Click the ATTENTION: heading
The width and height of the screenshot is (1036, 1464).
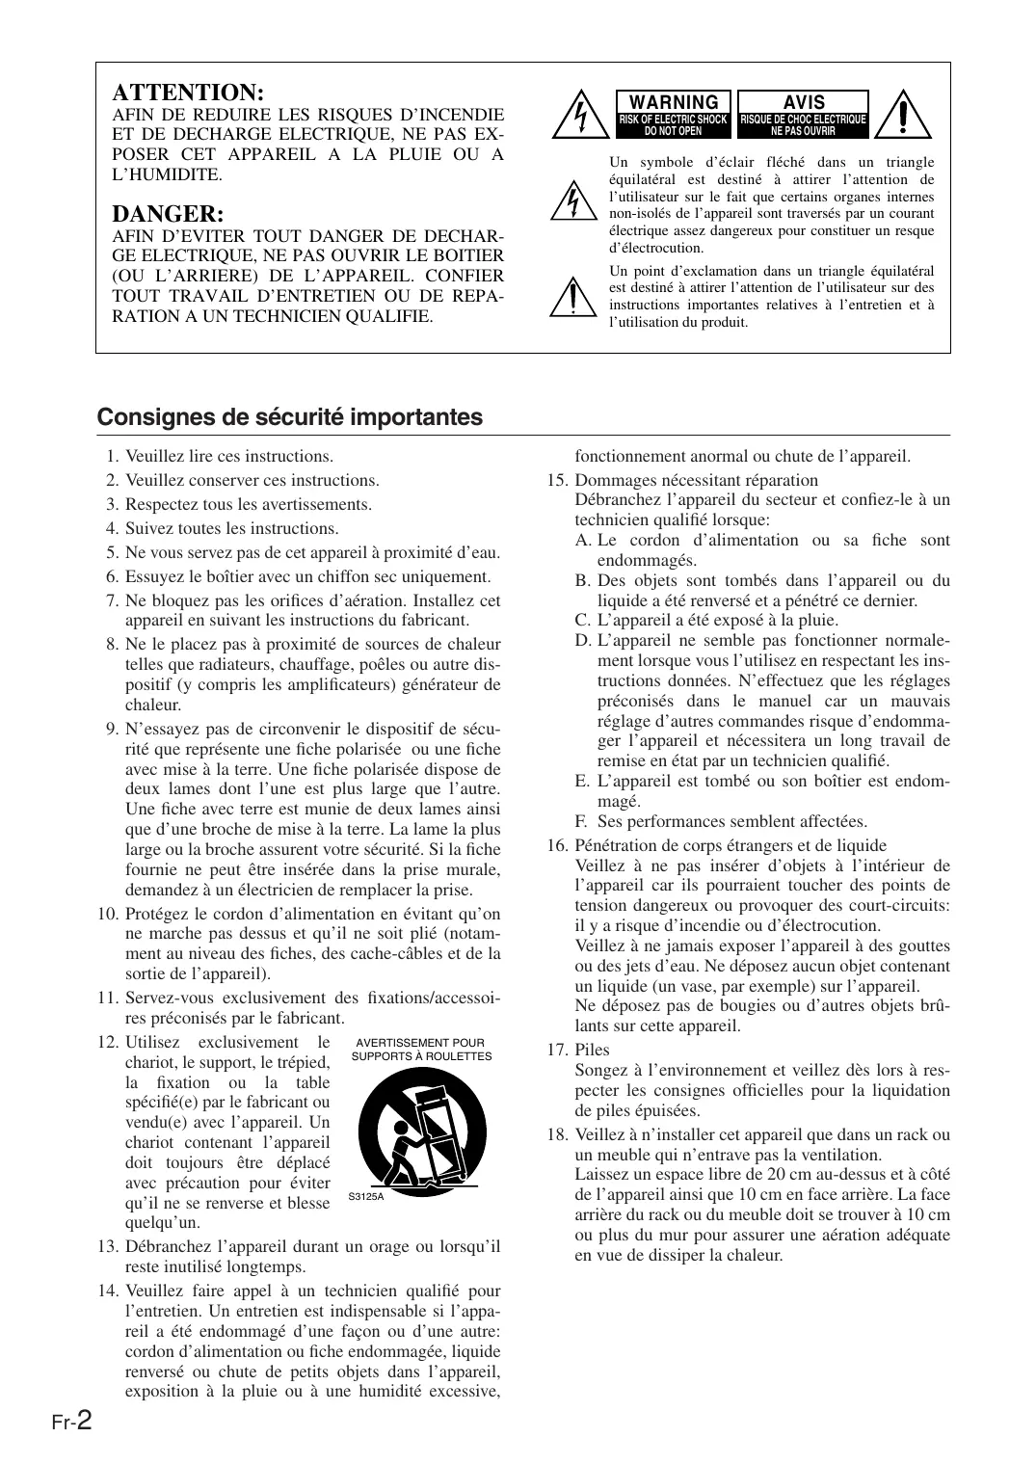pyautogui.click(x=188, y=93)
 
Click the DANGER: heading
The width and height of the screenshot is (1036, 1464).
pyautogui.click(x=168, y=213)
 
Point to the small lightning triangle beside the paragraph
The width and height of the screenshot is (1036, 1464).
pyautogui.click(x=572, y=201)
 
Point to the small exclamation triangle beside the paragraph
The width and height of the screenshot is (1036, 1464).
pyautogui.click(x=572, y=297)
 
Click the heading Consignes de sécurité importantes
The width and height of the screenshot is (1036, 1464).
pyautogui.click(x=289, y=417)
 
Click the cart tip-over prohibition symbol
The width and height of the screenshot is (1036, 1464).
pyautogui.click(x=420, y=1131)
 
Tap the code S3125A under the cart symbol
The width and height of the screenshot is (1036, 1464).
pyautogui.click(x=365, y=1197)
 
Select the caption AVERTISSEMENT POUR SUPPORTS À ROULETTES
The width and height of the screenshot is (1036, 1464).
pyautogui.click(x=421, y=1050)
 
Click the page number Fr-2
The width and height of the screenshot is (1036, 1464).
pyautogui.click(x=72, y=1420)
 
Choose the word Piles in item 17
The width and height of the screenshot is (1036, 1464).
pyautogui.click(x=592, y=1050)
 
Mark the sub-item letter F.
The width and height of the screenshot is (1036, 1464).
pyautogui.click(x=581, y=821)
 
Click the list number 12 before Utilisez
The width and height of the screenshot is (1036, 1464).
pyautogui.click(x=107, y=1042)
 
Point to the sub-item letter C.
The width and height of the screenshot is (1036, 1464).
pyautogui.click(x=582, y=620)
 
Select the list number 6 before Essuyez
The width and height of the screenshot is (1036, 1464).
pyautogui.click(x=112, y=576)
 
